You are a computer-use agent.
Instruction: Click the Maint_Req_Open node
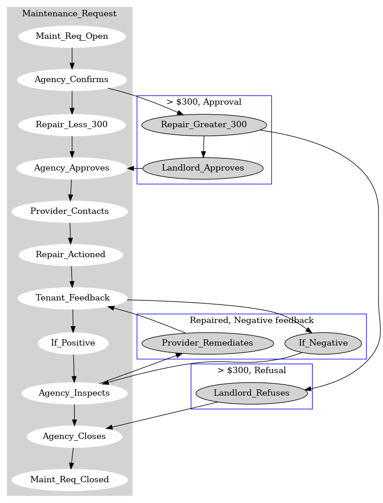tap(72, 37)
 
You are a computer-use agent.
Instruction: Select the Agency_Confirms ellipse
tap(72, 80)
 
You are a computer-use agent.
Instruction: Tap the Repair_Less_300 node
tap(72, 125)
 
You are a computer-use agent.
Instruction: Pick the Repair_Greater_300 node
tap(204, 125)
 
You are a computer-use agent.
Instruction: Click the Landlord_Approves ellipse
tap(203, 168)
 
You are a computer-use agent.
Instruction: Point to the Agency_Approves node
tap(72, 168)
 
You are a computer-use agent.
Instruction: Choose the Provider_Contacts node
tap(69, 212)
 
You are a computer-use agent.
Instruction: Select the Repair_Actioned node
tap(71, 255)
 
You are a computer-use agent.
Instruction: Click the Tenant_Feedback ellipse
tap(73, 298)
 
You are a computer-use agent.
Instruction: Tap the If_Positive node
tap(73, 343)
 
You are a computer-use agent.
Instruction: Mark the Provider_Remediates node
tap(207, 343)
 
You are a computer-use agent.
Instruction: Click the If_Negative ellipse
tap(323, 343)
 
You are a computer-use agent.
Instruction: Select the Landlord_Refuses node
tap(251, 393)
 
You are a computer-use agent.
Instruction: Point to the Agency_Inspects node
tap(74, 393)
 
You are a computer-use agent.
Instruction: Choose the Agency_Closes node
tap(74, 437)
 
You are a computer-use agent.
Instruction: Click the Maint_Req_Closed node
tap(69, 480)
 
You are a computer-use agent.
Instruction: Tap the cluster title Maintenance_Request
tap(69, 14)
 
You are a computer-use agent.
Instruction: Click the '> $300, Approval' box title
tap(204, 102)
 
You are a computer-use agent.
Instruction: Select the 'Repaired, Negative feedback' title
tap(251, 320)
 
